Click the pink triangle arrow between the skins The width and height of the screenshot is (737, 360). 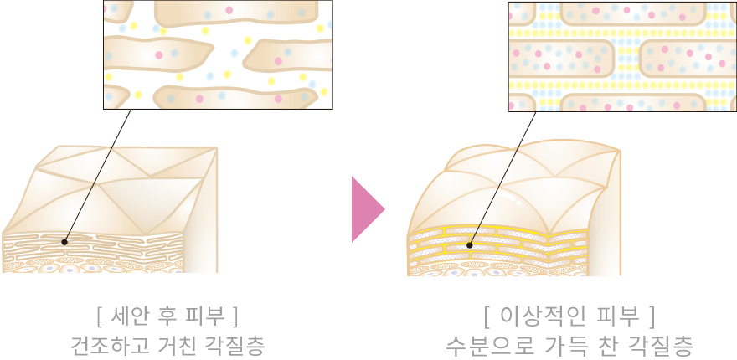pos(367,209)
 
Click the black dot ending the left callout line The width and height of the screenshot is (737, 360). pos(64,243)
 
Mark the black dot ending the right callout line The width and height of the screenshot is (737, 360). pos(470,245)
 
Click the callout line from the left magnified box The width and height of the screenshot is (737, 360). pos(98,176)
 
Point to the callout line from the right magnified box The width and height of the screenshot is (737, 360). pos(503,178)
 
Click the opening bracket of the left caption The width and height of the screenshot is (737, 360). pos(99,317)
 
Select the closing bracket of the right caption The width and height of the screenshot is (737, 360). pos(651,317)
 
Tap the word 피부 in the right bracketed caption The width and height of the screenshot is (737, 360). pos(619,317)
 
